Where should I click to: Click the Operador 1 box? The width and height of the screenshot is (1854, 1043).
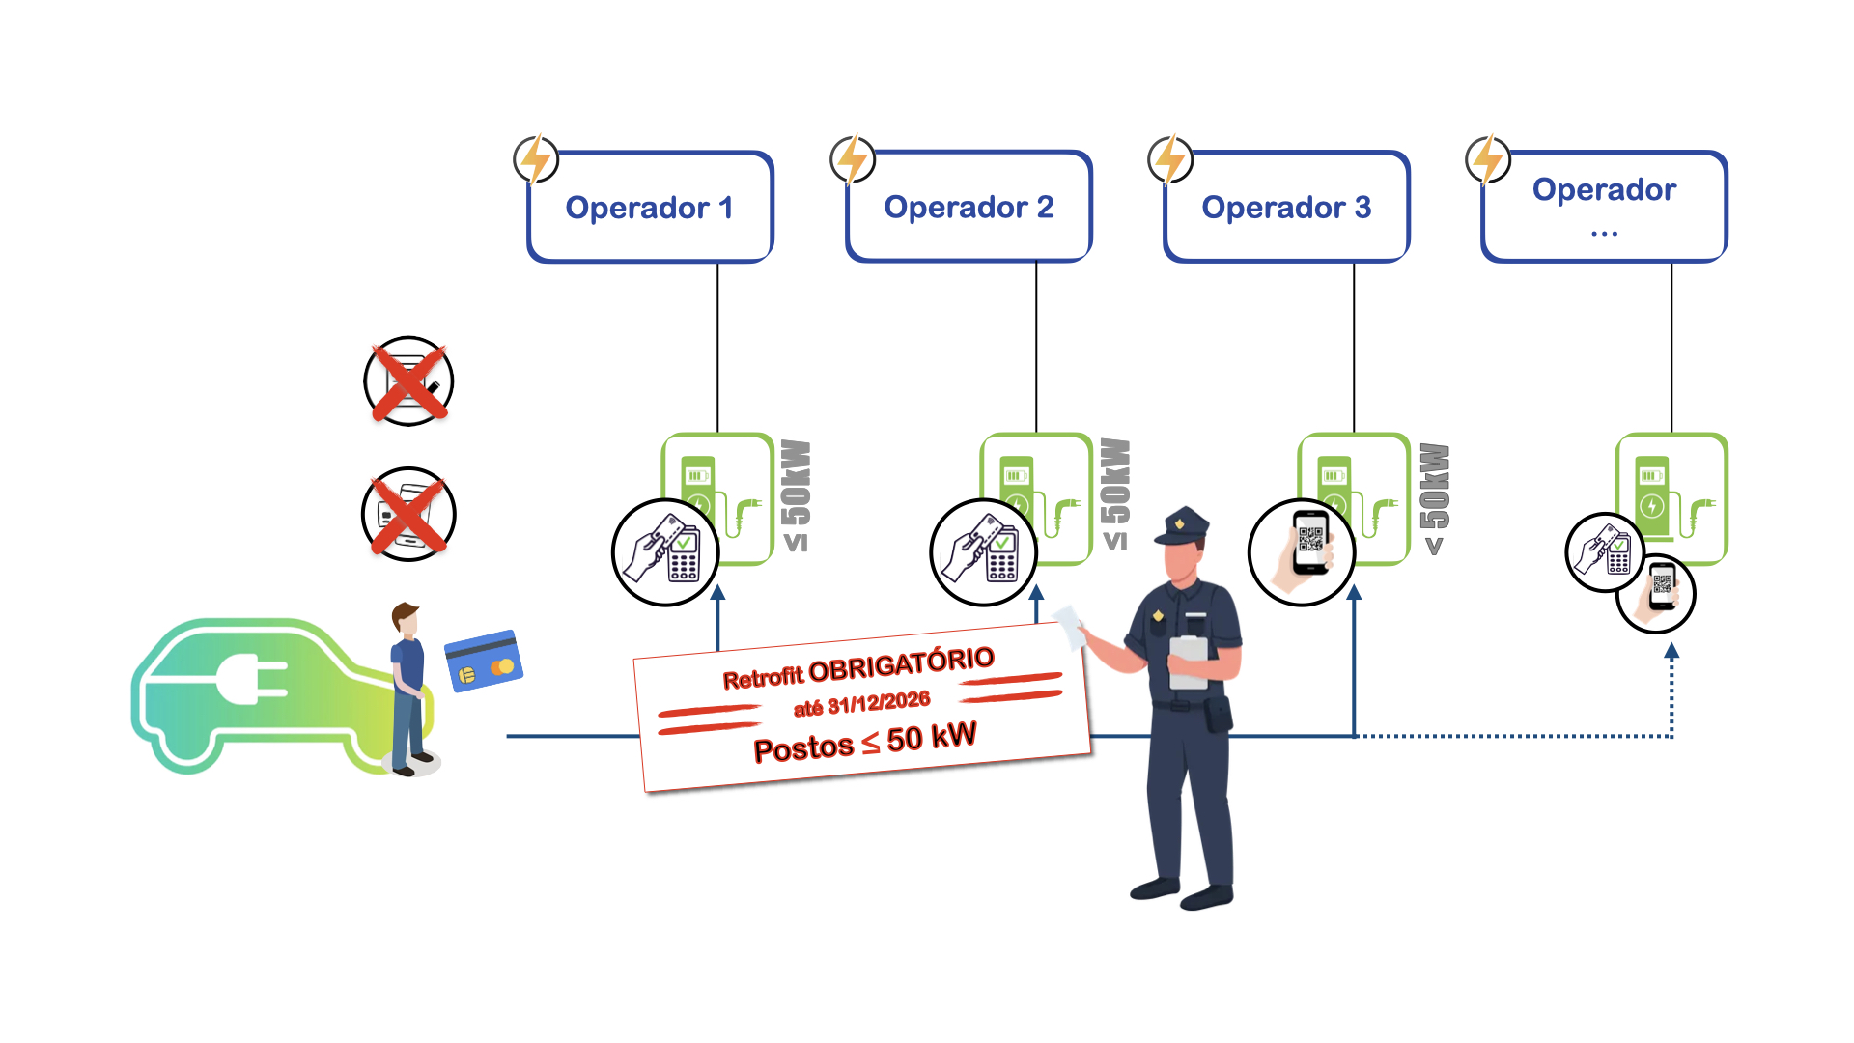pyautogui.click(x=650, y=207)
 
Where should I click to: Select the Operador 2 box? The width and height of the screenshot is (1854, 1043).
pyautogui.click(x=969, y=207)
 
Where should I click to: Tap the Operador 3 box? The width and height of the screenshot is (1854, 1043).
pyautogui.click(x=1286, y=207)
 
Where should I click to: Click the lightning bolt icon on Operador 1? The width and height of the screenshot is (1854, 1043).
pyautogui.click(x=536, y=158)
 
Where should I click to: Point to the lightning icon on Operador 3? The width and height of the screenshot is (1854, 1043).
pyautogui.click(x=1170, y=158)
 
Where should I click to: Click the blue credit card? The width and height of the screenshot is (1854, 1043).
pyautogui.click(x=484, y=661)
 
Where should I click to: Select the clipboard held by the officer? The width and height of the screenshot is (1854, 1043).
pyautogui.click(x=1188, y=662)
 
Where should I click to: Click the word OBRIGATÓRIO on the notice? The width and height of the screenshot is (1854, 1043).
pyautogui.click(x=901, y=665)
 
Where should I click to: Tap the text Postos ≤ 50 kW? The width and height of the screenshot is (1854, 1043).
pyautogui.click(x=865, y=742)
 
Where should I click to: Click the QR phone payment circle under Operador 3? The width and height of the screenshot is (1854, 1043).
pyautogui.click(x=1302, y=552)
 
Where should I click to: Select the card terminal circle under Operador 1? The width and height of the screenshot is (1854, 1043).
pyautogui.click(x=665, y=552)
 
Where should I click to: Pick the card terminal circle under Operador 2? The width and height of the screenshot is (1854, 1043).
pyautogui.click(x=983, y=552)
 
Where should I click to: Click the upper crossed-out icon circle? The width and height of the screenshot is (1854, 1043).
pyautogui.click(x=408, y=381)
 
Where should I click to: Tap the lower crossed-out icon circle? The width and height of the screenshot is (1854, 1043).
pyautogui.click(x=408, y=514)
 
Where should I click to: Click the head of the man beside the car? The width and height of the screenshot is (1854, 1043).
pyautogui.click(x=407, y=621)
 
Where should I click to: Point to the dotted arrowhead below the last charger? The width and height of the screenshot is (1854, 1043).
pyautogui.click(x=1671, y=652)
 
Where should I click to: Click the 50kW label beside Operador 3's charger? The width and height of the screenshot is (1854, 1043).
pyautogui.click(x=1435, y=488)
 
